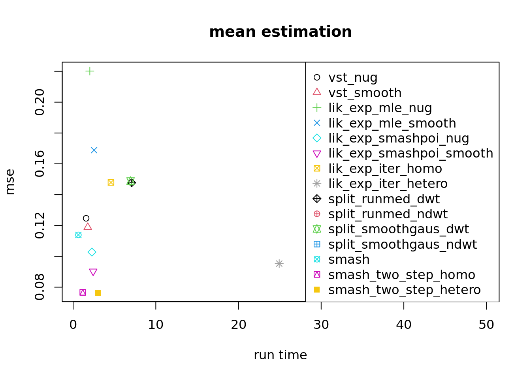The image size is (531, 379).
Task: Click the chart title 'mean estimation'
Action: point(280,32)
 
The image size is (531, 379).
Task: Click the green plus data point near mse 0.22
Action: point(90,71)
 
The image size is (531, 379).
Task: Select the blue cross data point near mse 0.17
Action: point(94,150)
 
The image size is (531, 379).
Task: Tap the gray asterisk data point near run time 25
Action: point(279,263)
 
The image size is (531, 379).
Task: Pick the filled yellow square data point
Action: point(98,293)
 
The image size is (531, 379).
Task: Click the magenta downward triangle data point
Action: point(93,272)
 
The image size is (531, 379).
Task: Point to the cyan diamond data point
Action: point(92,252)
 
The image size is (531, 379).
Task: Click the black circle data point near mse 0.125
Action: point(86,218)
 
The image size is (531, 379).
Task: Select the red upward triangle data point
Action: point(88,226)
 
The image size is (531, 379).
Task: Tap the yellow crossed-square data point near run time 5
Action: point(111,182)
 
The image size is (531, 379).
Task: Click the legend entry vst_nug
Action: point(352,77)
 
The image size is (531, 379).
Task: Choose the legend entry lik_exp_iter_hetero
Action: point(388,184)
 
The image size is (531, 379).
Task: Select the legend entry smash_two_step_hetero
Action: point(404,290)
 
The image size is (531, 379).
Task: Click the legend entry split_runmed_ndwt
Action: point(388,214)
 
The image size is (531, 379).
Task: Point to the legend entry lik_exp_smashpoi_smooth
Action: point(410,153)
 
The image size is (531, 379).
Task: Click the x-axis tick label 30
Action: point(321,325)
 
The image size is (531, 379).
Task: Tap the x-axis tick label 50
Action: point(486,325)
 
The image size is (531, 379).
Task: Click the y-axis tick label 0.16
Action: point(40,164)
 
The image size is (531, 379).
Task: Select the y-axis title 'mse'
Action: point(10,182)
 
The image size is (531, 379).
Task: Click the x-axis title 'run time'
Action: point(280,355)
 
